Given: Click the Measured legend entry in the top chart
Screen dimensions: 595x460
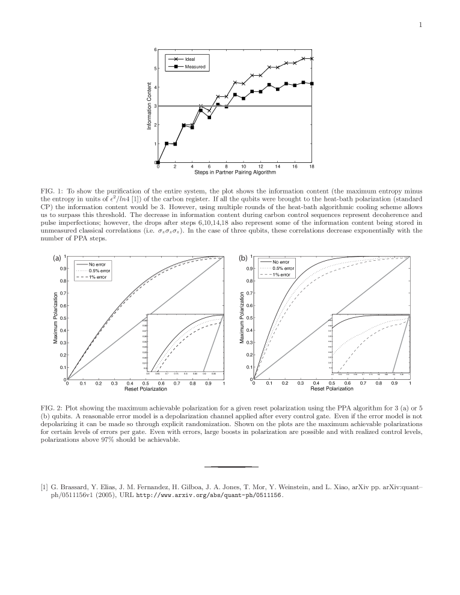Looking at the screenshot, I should click(195, 67).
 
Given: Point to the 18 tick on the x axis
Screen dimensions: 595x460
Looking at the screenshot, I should click(311, 166).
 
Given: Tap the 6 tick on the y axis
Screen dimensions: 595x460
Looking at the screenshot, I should click(155, 49).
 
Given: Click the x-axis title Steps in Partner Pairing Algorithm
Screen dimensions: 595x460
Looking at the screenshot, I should click(235, 172).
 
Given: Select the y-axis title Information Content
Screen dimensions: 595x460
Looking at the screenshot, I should click(149, 106).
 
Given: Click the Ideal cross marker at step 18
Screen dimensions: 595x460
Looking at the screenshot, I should click(311, 59).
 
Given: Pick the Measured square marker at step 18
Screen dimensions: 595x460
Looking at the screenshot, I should click(311, 84).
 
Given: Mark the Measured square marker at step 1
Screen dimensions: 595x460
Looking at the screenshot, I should click(167, 144).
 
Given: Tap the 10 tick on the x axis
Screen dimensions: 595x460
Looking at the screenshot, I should click(244, 166).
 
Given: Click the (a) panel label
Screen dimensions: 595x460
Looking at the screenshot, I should click(57, 258).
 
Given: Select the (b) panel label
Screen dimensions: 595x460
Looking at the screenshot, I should click(243, 258).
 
